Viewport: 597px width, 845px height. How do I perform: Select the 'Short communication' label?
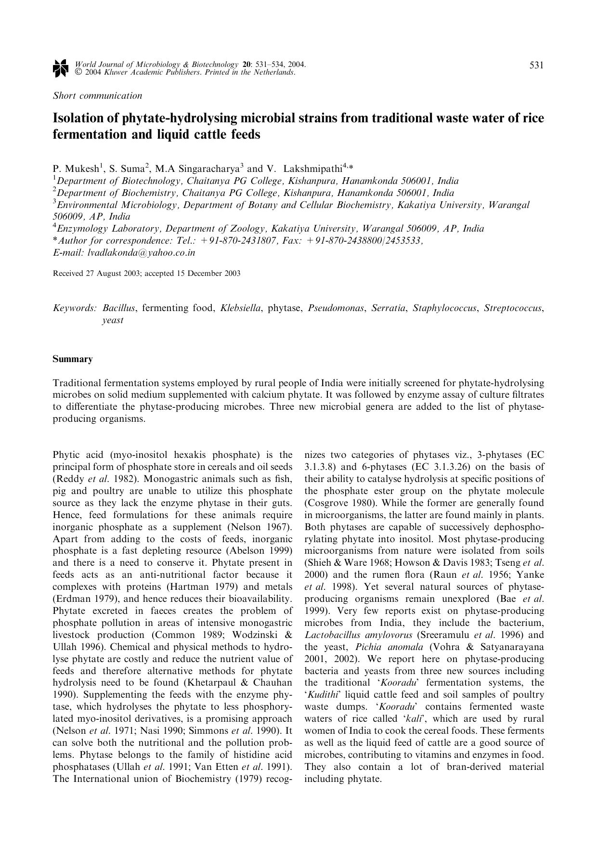97,95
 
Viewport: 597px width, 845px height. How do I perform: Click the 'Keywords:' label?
75,308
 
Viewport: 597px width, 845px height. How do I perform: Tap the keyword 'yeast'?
113,320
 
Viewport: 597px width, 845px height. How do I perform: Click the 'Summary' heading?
72,359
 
